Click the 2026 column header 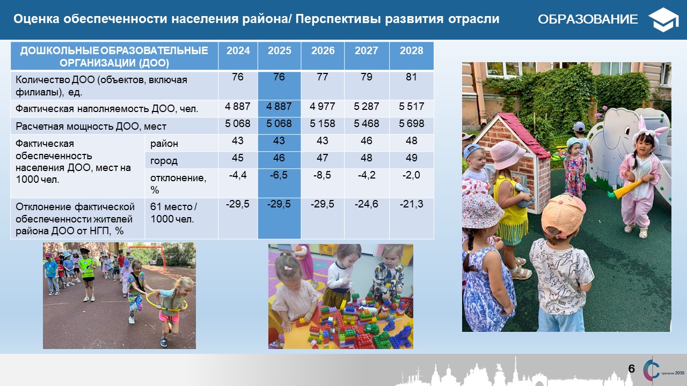(x=323, y=50)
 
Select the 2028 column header (x=411, y=50)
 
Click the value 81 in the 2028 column (x=411, y=77)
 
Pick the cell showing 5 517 (x=411, y=106)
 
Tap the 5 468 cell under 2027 (x=367, y=123)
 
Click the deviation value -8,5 (x=322, y=175)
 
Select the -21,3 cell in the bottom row (x=411, y=204)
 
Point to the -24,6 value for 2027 (x=367, y=204)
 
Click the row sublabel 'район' (x=164, y=144)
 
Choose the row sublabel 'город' (x=164, y=161)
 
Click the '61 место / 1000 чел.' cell (x=173, y=213)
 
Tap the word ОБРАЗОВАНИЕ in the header (x=588, y=19)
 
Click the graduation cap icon (x=663, y=20)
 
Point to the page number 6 (x=631, y=368)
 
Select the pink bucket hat (x=507, y=155)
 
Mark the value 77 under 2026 (x=323, y=77)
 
